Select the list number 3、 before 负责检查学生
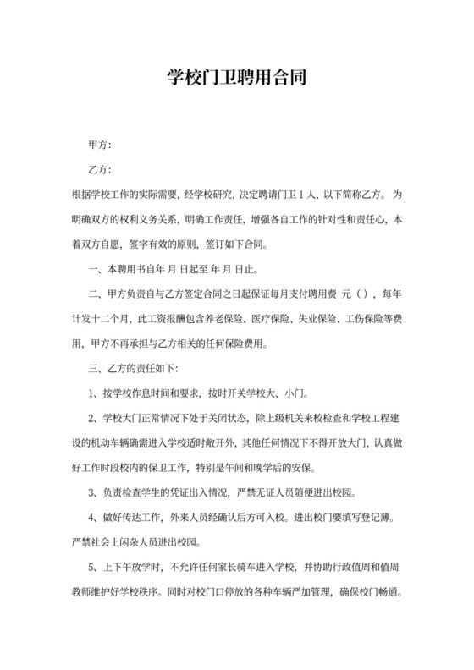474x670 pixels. coord(95,492)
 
